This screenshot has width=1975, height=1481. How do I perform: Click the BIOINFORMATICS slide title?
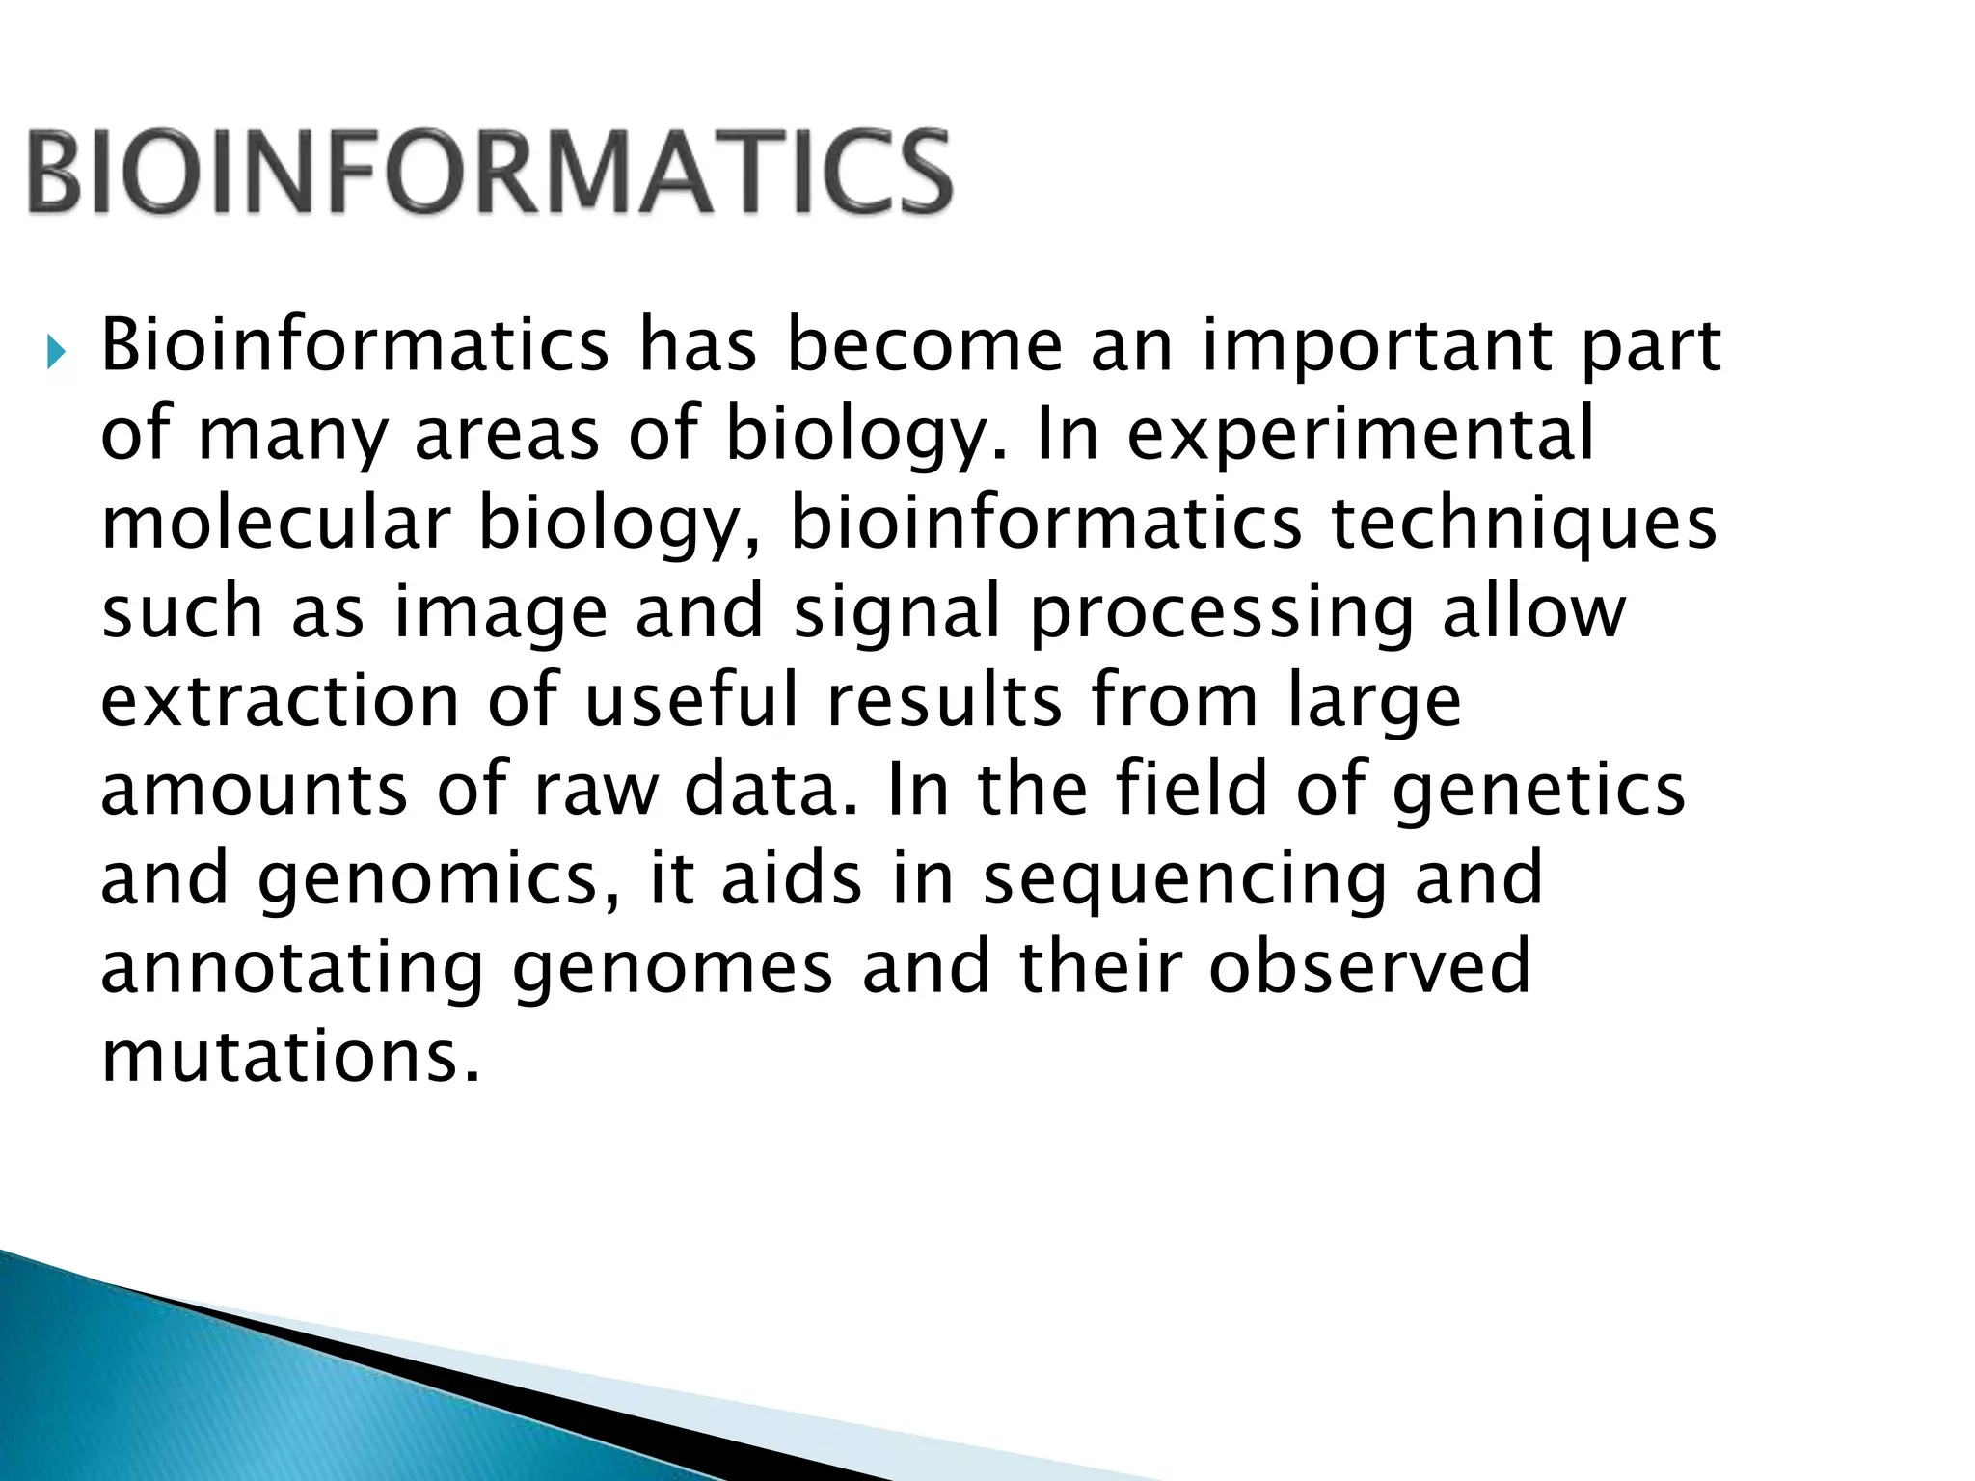coord(490,174)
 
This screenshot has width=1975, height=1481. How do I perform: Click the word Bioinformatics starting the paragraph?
coord(354,345)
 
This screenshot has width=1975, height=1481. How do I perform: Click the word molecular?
coord(275,524)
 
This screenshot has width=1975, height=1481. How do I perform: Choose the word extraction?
coord(280,701)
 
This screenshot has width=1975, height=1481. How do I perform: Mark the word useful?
coord(691,701)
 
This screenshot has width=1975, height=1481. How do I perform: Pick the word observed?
coord(1369,967)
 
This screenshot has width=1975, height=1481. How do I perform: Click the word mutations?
coord(289,1057)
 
